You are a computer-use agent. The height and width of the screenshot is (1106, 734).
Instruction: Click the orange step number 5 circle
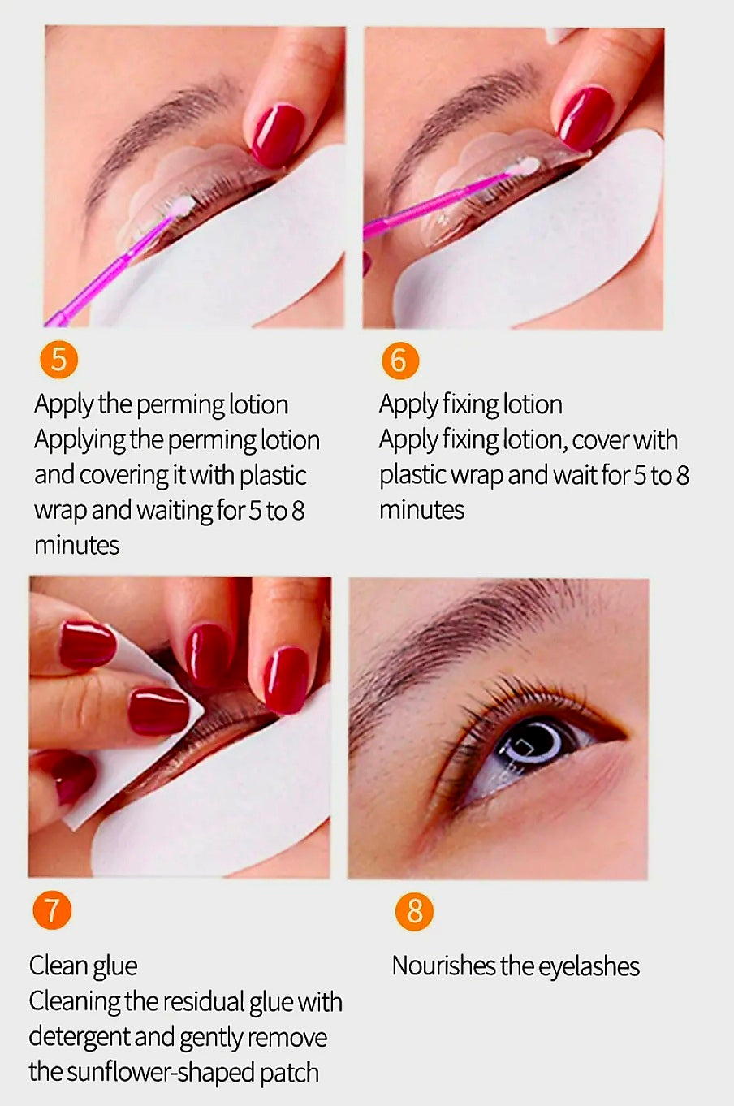(x=58, y=358)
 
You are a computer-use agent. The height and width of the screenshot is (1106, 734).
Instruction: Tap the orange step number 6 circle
(x=399, y=359)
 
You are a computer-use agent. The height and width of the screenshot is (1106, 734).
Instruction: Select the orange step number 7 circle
(x=52, y=910)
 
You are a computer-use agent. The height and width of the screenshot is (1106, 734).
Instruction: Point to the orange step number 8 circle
(x=414, y=911)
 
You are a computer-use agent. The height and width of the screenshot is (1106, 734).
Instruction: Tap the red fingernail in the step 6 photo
(x=585, y=118)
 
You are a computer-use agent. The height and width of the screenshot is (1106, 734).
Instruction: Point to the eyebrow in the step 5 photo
(x=154, y=130)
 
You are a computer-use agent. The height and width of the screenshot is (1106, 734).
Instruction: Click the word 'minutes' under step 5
(x=76, y=545)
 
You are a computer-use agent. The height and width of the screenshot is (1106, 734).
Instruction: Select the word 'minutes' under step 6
(x=421, y=510)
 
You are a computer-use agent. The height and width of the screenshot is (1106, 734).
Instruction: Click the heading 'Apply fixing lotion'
(x=470, y=404)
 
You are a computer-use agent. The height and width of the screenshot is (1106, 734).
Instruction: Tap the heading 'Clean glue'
(x=83, y=966)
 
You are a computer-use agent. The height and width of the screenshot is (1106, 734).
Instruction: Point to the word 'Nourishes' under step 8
(x=443, y=966)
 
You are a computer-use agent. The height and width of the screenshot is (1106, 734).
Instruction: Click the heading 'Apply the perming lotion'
(x=161, y=404)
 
